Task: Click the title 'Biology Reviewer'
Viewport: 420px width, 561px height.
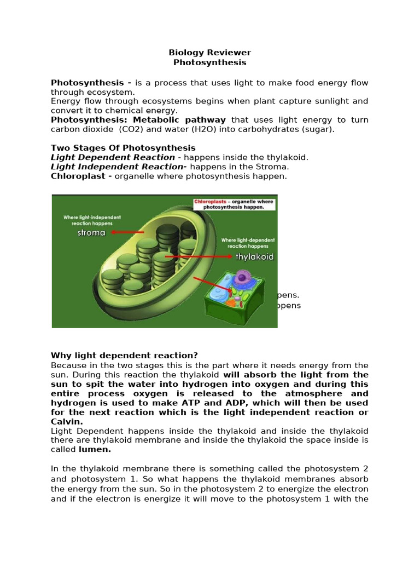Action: point(209,53)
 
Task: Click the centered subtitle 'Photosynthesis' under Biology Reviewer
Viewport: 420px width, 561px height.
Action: point(209,62)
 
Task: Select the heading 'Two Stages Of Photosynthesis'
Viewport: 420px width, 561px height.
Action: point(123,148)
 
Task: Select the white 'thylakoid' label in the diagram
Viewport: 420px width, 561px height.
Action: point(254,256)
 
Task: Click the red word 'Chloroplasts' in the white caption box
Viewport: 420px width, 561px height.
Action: point(210,202)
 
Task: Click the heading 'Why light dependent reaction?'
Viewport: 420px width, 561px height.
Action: point(124,355)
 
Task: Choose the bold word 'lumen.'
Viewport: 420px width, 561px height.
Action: point(95,449)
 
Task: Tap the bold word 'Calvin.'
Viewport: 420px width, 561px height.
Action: point(67,421)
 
